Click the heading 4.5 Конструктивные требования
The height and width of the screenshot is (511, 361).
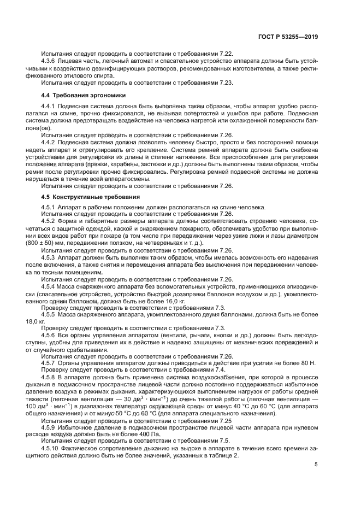pos(85,196)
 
